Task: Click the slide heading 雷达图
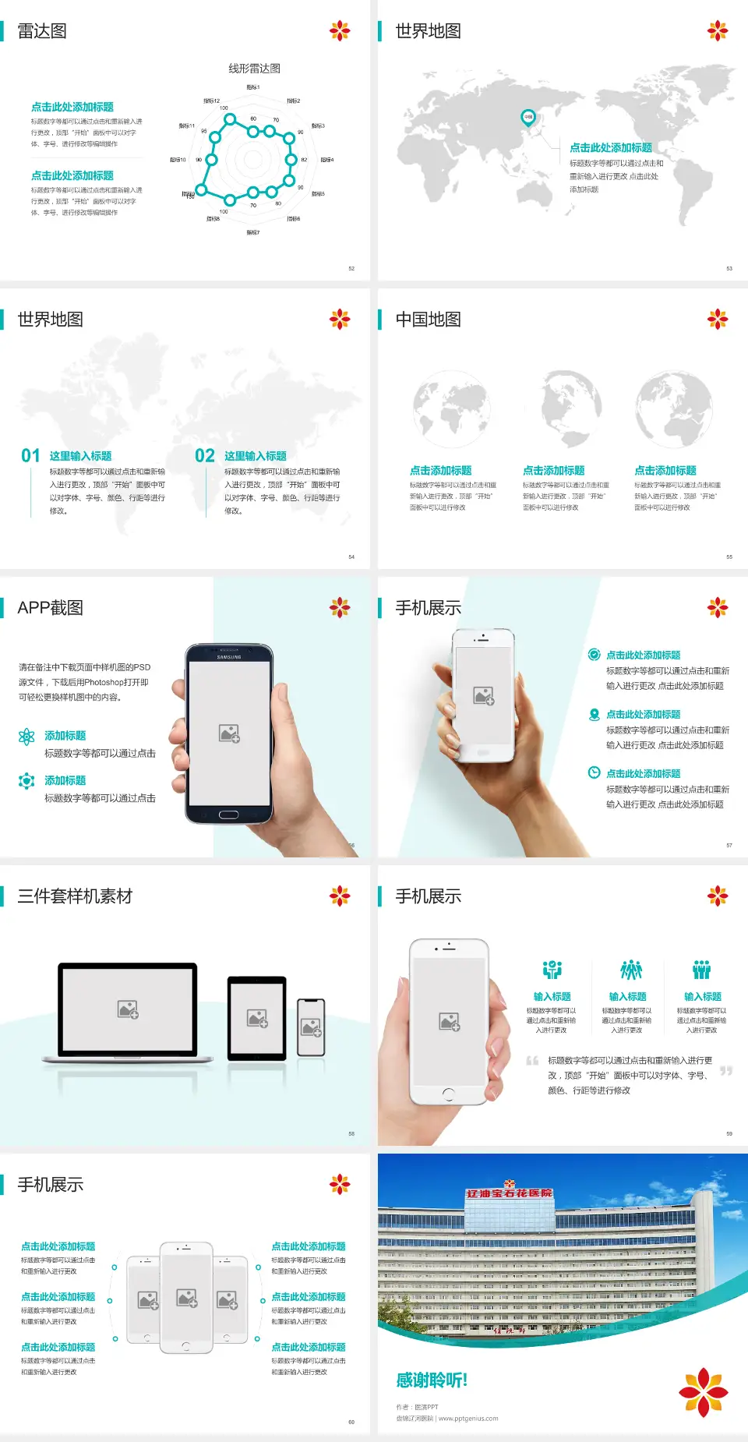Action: point(42,31)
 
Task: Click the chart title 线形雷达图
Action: point(254,69)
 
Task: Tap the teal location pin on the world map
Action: point(527,118)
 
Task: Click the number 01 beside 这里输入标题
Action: point(30,456)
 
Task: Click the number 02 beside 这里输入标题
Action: point(205,456)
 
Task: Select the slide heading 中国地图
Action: point(428,320)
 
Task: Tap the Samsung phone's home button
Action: point(228,815)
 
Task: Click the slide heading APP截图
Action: point(50,608)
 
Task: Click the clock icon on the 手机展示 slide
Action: point(594,772)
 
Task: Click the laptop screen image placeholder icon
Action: point(128,1009)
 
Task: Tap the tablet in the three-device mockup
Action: point(257,1018)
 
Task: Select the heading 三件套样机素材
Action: point(75,896)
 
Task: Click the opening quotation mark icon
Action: point(532,1061)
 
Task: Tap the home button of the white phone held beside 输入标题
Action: point(448,1094)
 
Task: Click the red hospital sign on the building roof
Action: point(509,1193)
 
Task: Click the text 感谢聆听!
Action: point(432,1380)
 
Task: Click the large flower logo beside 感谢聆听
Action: point(703,1392)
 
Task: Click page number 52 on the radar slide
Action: point(351,269)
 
